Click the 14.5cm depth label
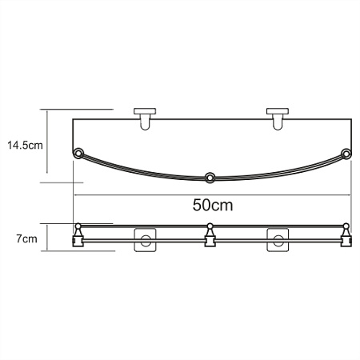tap(25, 145)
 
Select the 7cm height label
tap(25, 238)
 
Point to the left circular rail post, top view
tap(78, 153)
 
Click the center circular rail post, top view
tap(210, 177)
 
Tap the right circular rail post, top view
tap(346, 153)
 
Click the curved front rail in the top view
tap(144, 170)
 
